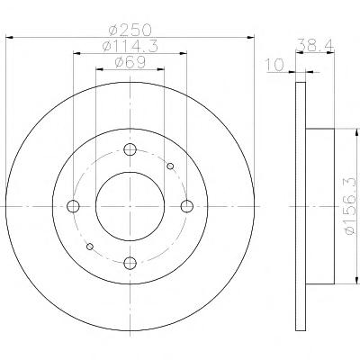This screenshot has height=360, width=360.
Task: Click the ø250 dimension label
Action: tap(130, 30)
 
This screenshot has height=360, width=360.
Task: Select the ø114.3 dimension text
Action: tap(130, 46)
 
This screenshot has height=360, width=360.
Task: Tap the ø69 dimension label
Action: tap(130, 62)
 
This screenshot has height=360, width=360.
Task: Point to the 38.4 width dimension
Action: tap(315, 45)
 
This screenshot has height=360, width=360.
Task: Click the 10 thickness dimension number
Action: tap(274, 65)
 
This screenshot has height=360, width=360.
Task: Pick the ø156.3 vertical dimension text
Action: tap(353, 206)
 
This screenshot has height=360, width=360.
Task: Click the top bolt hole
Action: tap(130, 149)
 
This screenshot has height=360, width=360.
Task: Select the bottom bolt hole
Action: tap(130, 264)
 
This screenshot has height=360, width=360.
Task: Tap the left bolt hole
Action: tap(73, 206)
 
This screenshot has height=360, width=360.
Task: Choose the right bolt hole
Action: tap(187, 206)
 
